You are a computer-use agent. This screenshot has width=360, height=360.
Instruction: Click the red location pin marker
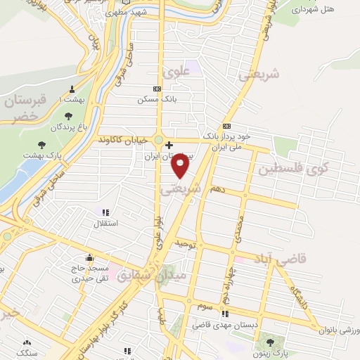pos(181,166)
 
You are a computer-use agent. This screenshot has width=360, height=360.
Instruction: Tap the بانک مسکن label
pos(157,99)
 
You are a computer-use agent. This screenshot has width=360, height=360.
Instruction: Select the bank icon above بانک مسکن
pos(157,89)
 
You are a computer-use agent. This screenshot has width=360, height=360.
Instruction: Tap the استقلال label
pos(106,223)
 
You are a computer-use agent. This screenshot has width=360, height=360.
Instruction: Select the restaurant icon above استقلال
pos(106,212)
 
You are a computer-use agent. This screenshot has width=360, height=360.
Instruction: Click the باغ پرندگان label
pos(68,127)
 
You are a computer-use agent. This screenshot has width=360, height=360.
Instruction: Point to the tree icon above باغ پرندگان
pos(68,117)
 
